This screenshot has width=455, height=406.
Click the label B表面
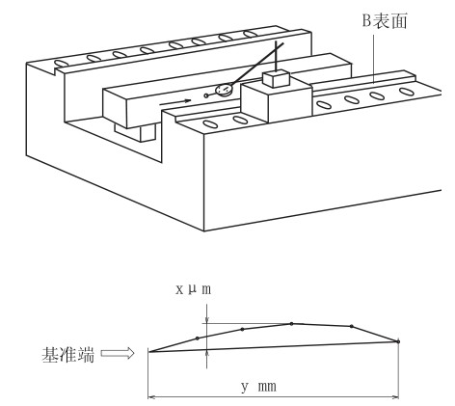(385, 20)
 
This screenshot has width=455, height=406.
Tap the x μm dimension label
(194, 289)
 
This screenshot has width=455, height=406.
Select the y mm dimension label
(258, 386)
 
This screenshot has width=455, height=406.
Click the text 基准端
(68, 355)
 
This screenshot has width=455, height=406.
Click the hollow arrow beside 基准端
(118, 353)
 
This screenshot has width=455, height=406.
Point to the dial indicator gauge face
(225, 90)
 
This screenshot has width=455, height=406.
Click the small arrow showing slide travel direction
(175, 102)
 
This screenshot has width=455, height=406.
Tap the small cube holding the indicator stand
(277, 79)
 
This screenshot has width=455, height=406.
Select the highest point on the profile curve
(291, 324)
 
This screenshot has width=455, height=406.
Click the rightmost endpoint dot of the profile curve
(398, 341)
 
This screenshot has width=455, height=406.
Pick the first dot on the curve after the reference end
(198, 338)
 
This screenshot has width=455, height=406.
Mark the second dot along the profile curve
(242, 329)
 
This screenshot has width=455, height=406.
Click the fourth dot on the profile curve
(352, 326)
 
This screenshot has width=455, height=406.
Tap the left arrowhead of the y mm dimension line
(151, 397)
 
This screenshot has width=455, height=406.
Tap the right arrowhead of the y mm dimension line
(395, 397)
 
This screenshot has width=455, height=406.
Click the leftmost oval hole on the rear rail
(61, 64)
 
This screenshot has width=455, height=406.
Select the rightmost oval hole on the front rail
(407, 92)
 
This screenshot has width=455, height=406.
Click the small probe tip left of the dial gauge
(206, 95)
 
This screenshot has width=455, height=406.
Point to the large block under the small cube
(277, 101)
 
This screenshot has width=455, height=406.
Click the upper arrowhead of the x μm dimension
(207, 319)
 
